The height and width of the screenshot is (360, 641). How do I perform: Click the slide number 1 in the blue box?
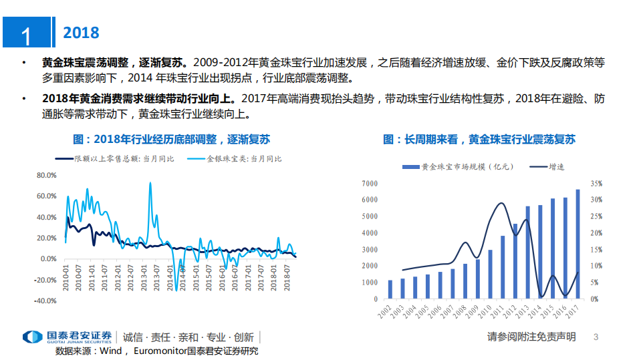coord(26,34)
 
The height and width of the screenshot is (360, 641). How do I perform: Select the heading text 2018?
coord(80,33)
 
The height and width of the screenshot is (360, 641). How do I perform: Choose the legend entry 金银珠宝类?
coord(235,159)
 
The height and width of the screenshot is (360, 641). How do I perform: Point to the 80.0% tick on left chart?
coord(46,176)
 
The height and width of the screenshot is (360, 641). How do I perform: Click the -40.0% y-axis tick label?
coord(45,301)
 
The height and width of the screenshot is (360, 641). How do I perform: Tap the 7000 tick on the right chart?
coord(370,183)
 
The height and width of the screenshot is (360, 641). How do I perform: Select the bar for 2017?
coord(578,244)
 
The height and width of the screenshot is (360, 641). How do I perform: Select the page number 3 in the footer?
coord(596,337)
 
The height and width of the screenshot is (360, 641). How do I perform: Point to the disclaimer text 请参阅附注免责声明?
coord(531,337)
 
